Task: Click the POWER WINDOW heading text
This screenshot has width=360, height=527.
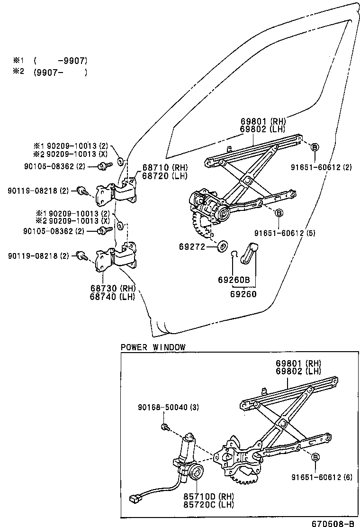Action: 153,347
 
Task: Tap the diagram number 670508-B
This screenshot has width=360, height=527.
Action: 333,523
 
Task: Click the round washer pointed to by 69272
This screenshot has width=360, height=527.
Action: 221,247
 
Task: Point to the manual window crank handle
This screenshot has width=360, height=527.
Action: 249,253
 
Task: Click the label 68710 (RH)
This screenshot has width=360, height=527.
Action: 159,167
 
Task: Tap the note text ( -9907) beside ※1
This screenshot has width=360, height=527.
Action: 60,61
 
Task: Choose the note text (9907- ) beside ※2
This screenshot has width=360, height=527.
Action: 60,73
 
